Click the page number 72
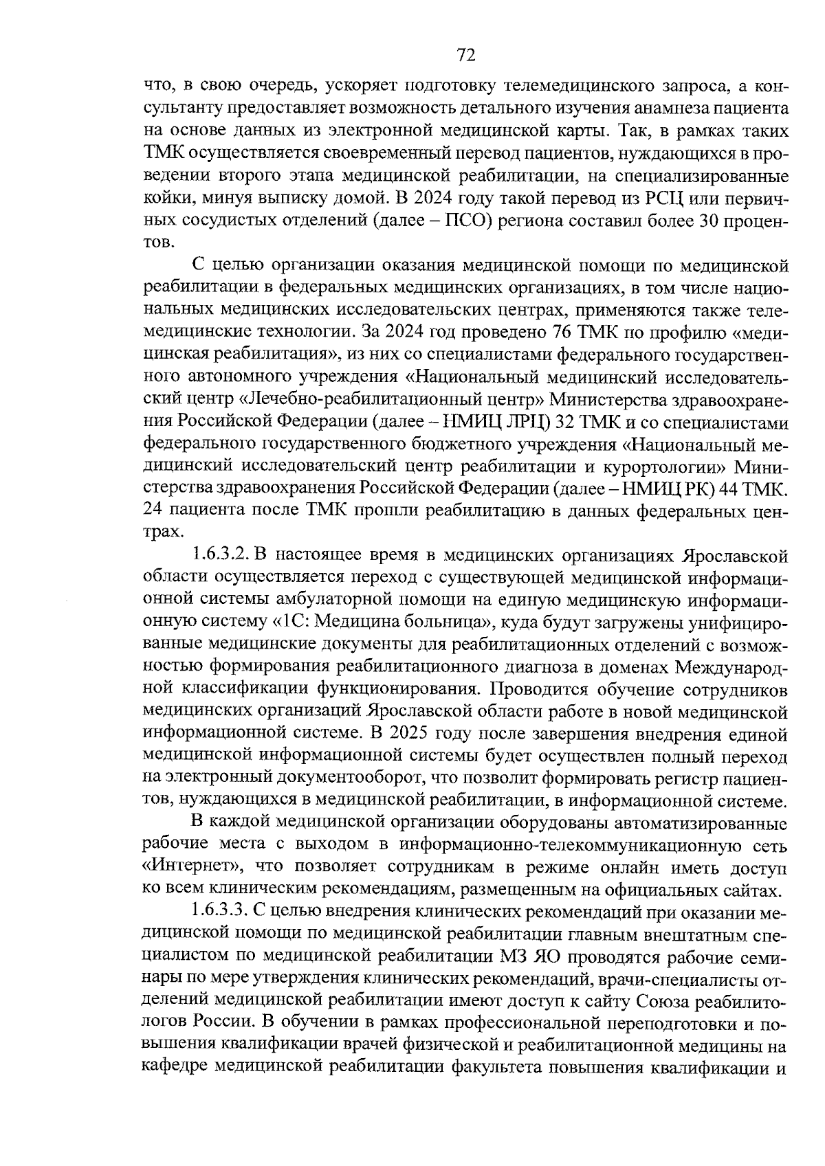[465, 55]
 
